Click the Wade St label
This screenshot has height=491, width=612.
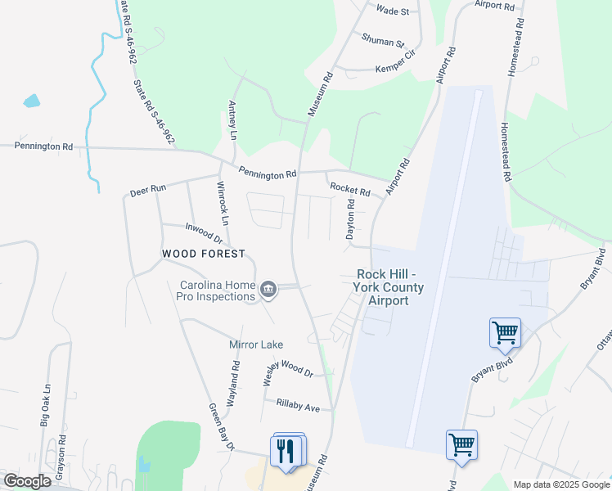point(392,11)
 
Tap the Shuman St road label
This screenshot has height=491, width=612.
point(383,41)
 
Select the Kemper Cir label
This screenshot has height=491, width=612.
point(396,69)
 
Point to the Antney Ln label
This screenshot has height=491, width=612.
point(233,119)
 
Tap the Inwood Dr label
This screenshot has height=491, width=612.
point(205,232)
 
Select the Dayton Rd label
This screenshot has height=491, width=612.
point(349,219)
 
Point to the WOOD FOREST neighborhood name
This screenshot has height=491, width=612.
point(203,254)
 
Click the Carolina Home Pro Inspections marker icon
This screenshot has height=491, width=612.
point(268,290)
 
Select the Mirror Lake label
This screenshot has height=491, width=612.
point(255,345)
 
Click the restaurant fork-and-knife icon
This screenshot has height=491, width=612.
point(285,450)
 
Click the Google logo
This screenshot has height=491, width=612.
point(27,481)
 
